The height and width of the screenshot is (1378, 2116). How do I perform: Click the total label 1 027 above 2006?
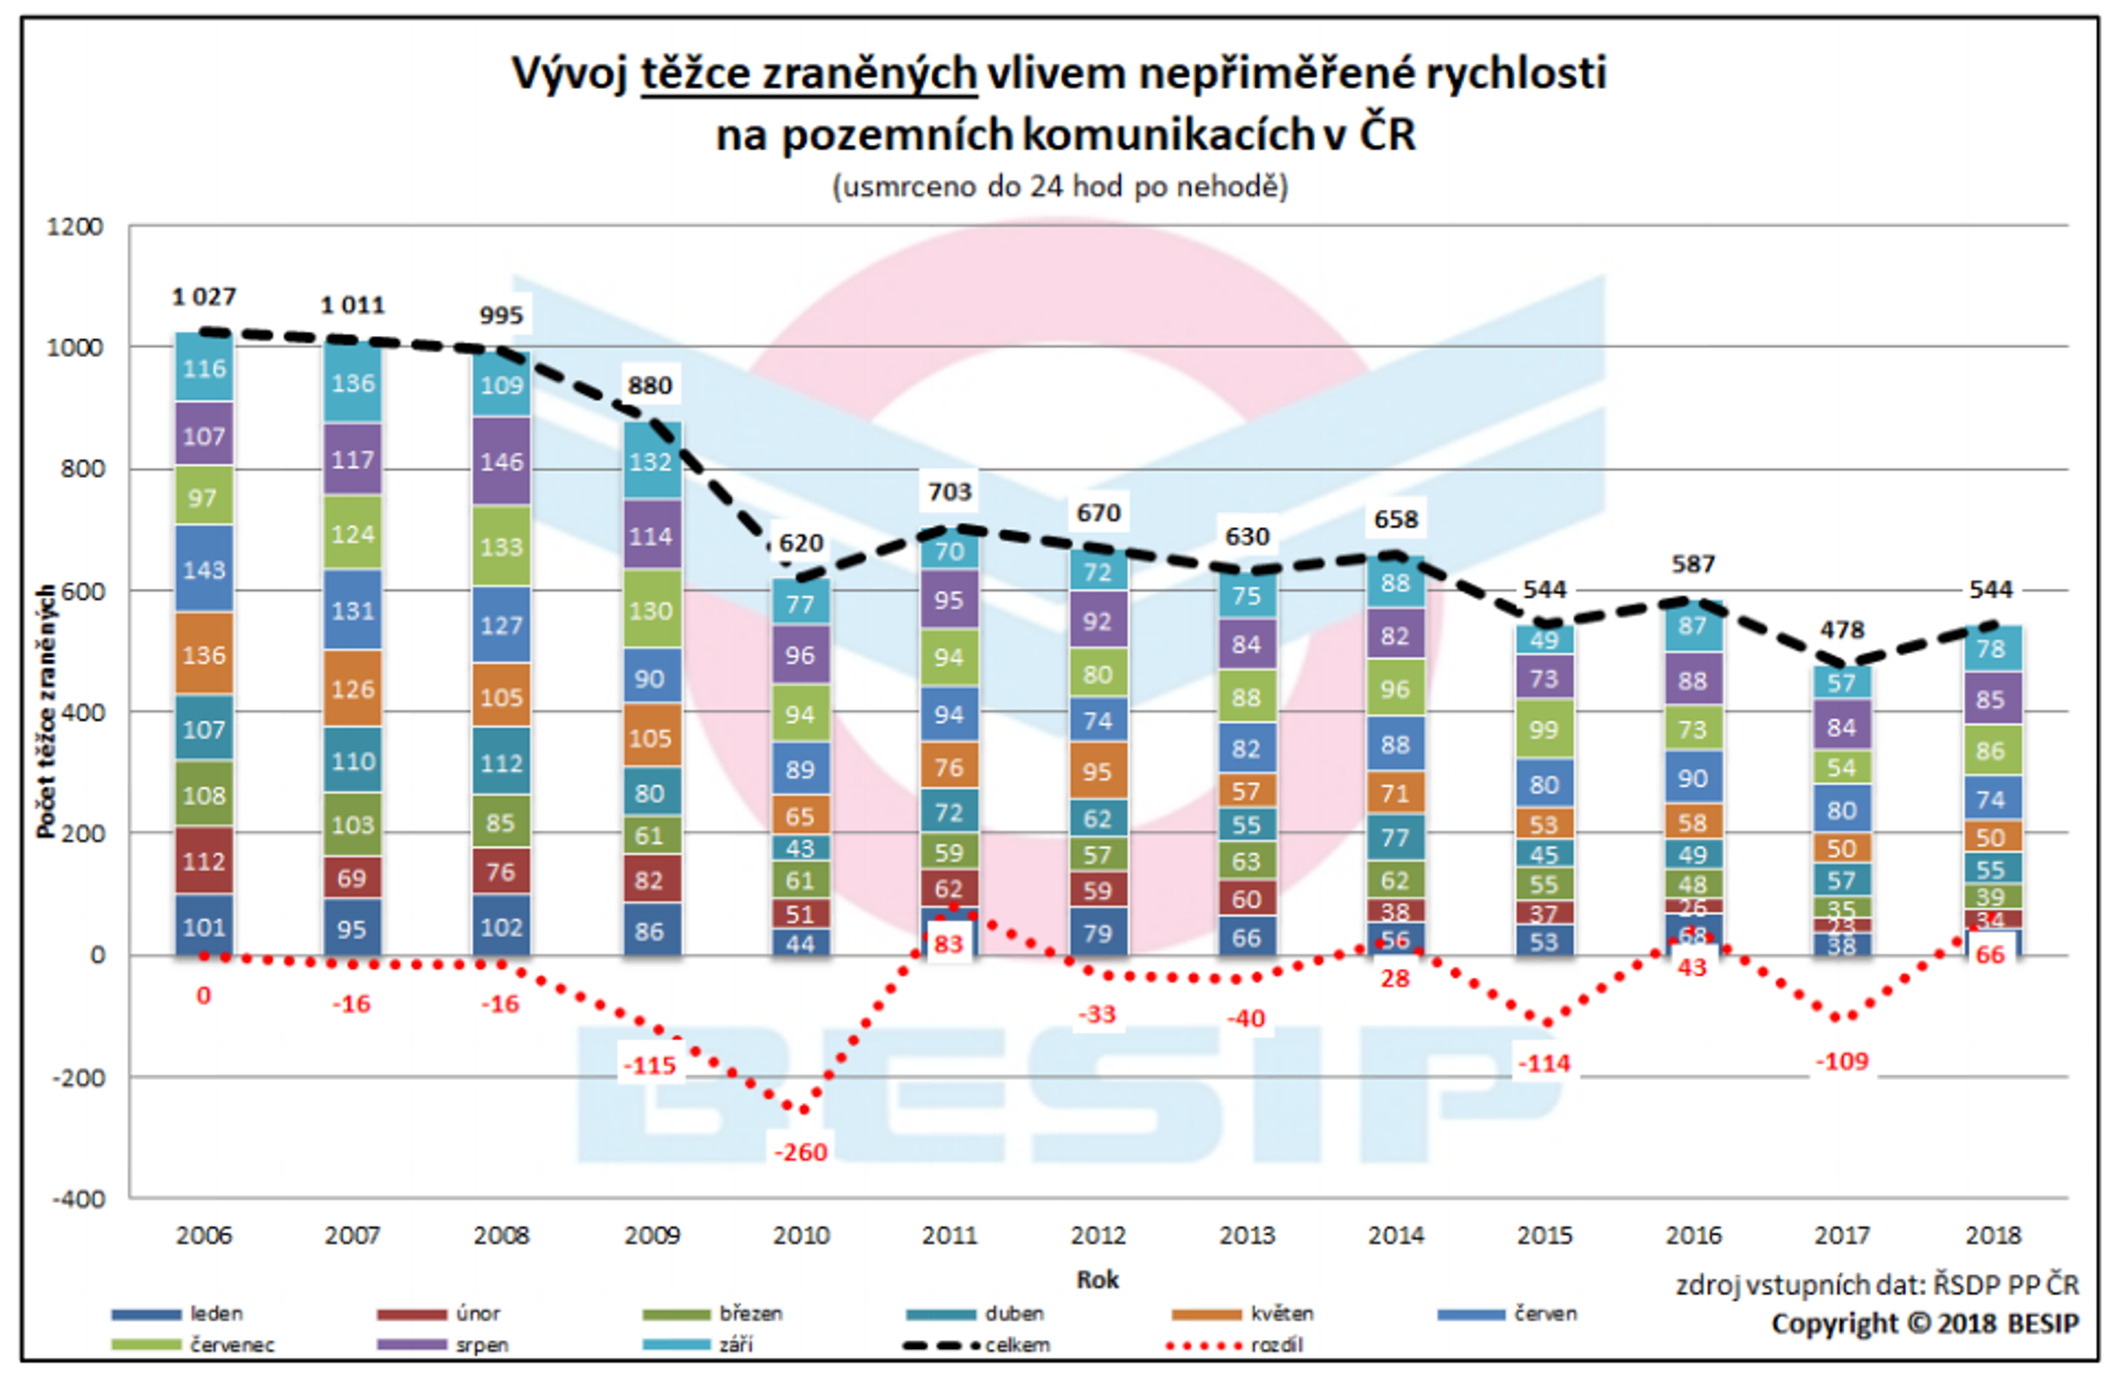[x=204, y=297]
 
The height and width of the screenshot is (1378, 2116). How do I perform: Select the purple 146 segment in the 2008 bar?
[x=502, y=461]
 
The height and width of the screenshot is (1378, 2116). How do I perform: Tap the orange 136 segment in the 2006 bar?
[x=204, y=655]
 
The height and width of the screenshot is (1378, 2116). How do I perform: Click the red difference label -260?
[x=801, y=1152]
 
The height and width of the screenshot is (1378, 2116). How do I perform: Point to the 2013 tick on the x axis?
[x=1247, y=1235]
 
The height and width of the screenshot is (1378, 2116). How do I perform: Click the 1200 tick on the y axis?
[x=75, y=227]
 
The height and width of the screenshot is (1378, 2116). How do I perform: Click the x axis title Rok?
[x=1097, y=1279]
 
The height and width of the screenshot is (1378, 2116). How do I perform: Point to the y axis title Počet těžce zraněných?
[x=45, y=711]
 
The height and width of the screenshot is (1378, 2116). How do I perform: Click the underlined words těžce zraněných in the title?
[x=808, y=73]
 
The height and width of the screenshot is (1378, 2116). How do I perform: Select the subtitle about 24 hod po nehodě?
[x=1060, y=187]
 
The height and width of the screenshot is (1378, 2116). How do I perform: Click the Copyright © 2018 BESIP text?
[x=1925, y=1323]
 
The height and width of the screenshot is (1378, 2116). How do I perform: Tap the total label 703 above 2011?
[x=950, y=492]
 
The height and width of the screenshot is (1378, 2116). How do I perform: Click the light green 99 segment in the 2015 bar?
[x=1544, y=729]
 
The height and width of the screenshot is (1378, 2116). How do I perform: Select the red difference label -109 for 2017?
[x=1841, y=1061]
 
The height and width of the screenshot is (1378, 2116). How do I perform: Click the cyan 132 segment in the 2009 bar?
[x=650, y=461]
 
